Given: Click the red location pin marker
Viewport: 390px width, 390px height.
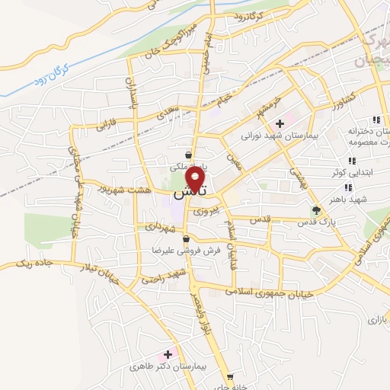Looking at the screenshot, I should point(198,180).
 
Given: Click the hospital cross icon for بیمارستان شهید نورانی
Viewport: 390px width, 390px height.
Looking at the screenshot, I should point(280,123).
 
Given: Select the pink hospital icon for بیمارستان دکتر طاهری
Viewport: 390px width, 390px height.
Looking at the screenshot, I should point(168,355).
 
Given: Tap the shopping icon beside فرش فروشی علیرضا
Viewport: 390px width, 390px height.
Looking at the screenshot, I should point(186,240).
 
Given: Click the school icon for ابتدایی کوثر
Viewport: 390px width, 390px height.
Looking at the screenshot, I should point(351,161).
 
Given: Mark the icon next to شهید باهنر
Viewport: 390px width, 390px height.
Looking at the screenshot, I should point(347,187).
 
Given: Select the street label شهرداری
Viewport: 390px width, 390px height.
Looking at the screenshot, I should point(155,226).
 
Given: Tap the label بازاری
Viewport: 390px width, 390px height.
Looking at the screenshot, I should point(377,319).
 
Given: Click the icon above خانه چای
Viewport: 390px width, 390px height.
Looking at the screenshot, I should point(229,376).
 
